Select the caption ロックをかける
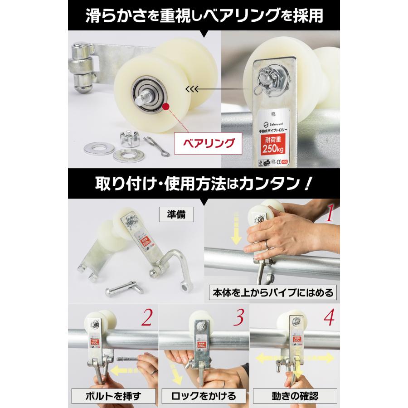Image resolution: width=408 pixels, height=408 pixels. click(x=204, y=396)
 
